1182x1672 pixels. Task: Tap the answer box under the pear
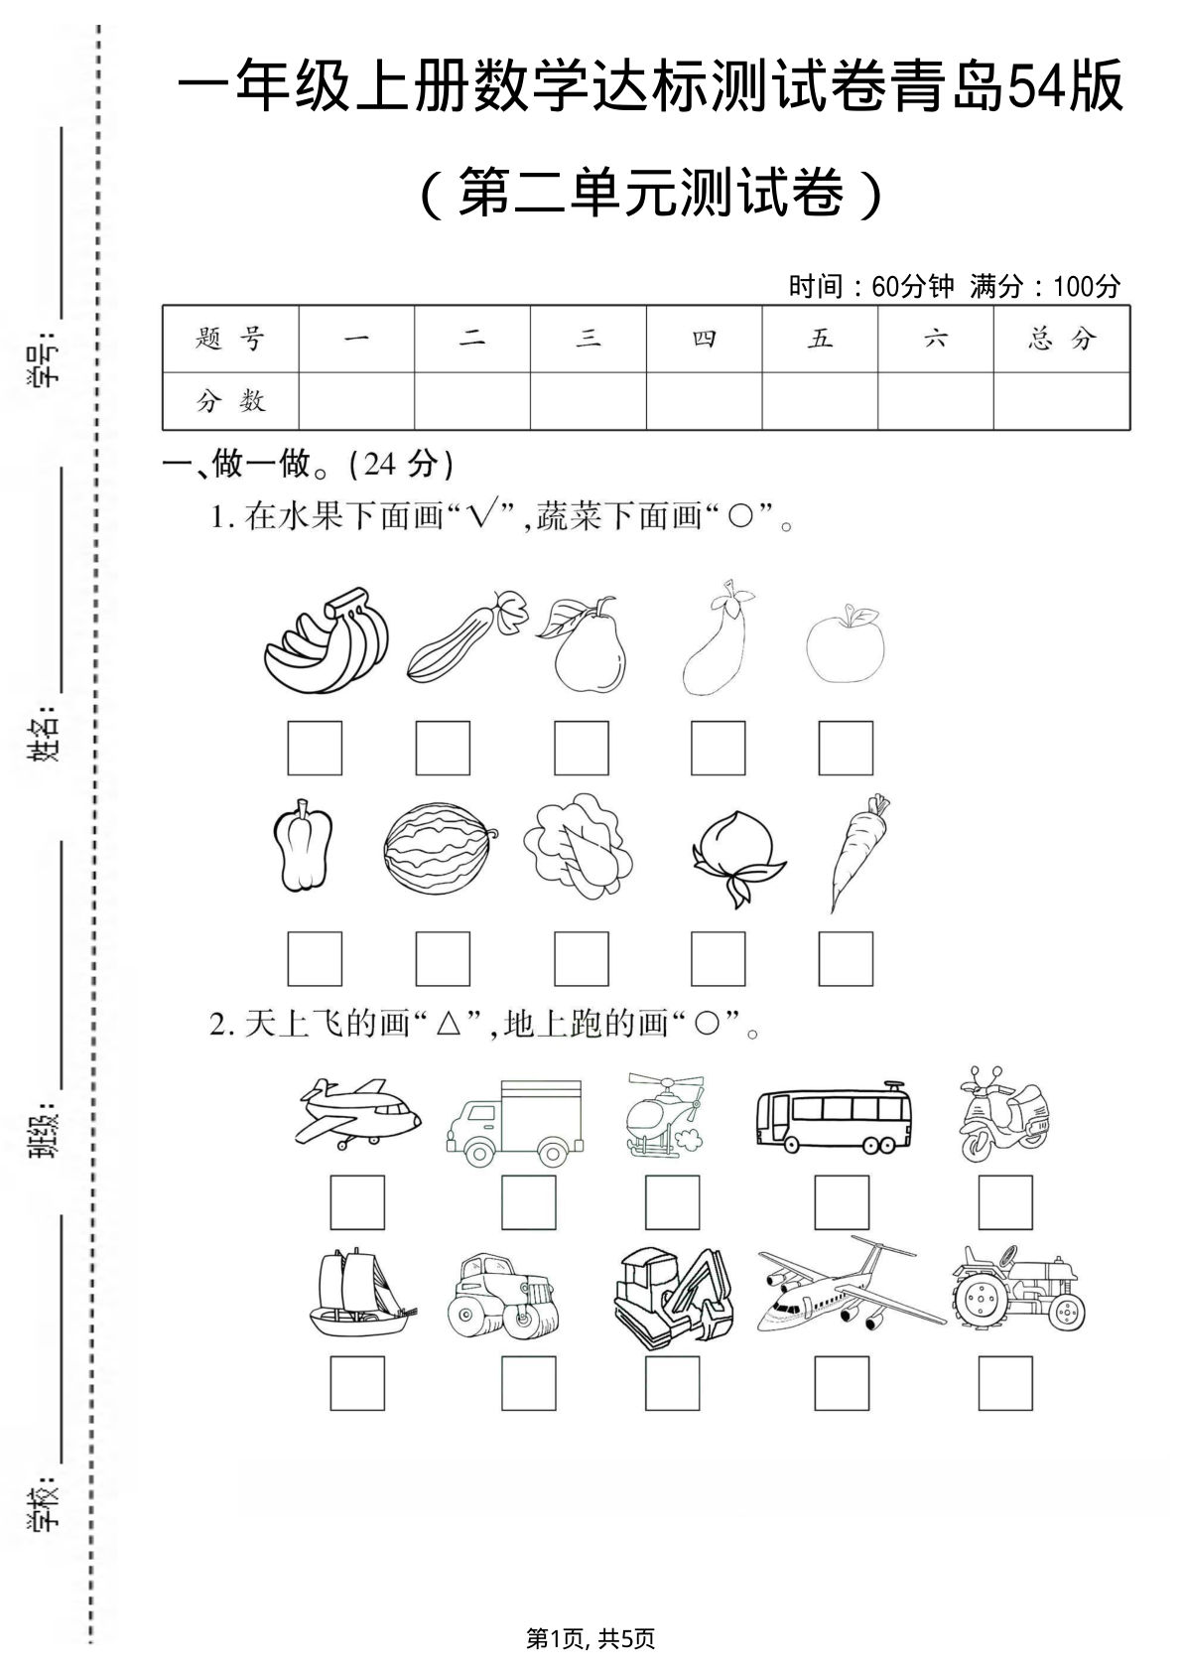(582, 748)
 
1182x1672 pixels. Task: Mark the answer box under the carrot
(846, 958)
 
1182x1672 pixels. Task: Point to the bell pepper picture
(302, 848)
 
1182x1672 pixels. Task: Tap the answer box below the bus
(842, 1202)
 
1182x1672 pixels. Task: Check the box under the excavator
(672, 1383)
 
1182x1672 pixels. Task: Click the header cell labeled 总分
(1061, 340)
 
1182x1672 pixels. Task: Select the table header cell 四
(704, 340)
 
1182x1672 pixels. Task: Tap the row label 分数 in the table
(230, 401)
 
